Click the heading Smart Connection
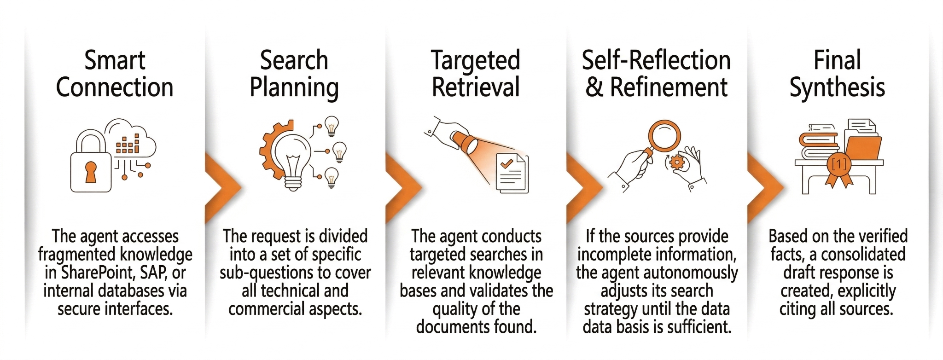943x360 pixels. (115, 74)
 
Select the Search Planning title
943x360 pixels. (294, 74)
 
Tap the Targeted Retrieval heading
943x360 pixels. (476, 74)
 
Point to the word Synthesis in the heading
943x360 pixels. (837, 88)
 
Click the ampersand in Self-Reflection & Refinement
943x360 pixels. (594, 88)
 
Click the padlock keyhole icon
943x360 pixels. (91, 172)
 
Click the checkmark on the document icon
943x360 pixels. (506, 163)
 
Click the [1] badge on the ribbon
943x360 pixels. (839, 164)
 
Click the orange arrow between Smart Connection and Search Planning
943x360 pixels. (221, 186)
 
